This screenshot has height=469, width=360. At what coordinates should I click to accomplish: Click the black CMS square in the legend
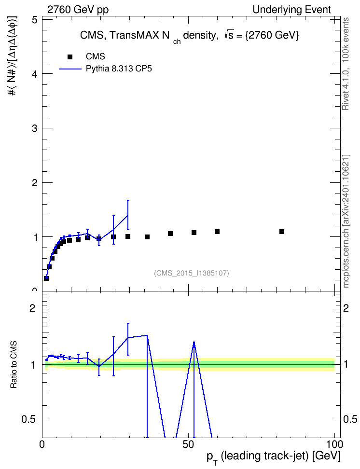(x=69, y=57)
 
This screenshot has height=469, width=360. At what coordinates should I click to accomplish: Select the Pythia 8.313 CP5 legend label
(x=119, y=69)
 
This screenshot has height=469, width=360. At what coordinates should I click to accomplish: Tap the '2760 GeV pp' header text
(x=78, y=10)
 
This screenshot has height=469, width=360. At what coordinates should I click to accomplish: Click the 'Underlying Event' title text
(x=292, y=10)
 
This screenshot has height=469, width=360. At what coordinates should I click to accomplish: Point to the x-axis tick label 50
(x=189, y=444)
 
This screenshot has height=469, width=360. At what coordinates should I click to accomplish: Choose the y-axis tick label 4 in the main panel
(x=35, y=74)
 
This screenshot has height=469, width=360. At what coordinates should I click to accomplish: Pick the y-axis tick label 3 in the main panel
(x=35, y=128)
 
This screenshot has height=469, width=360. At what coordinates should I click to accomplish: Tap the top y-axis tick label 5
(x=35, y=20)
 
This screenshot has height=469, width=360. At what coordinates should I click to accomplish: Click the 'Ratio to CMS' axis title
(x=14, y=365)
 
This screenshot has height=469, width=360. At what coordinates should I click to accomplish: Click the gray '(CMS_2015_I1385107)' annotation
(x=192, y=273)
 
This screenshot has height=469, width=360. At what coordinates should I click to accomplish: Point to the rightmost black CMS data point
(x=282, y=232)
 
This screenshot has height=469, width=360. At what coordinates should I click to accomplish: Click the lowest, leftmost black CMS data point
(x=46, y=278)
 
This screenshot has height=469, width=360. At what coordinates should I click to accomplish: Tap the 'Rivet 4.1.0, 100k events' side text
(x=346, y=64)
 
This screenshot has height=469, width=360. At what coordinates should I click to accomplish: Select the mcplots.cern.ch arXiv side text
(x=346, y=221)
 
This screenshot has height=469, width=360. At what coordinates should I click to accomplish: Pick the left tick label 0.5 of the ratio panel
(x=29, y=420)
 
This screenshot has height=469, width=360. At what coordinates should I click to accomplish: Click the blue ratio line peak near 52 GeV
(x=194, y=341)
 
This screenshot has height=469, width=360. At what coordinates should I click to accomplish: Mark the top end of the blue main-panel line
(x=128, y=215)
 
